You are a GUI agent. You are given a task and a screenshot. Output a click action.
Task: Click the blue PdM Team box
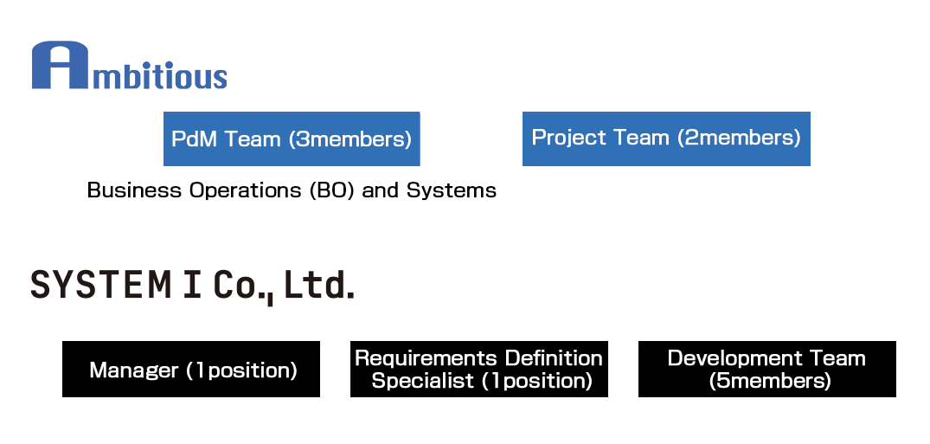pos(292,138)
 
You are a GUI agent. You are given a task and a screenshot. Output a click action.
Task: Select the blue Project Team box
pos(666,138)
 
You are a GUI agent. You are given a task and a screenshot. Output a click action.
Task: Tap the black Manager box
pos(191,370)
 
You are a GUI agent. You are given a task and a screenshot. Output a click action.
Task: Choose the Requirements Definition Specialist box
pos(478,370)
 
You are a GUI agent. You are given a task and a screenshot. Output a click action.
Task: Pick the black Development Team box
pos(766,370)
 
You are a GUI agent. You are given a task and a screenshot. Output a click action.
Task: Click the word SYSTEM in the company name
pos(101,285)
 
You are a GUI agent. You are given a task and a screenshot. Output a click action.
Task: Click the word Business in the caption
pos(123,190)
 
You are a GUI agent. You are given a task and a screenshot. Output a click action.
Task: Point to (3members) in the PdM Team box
pos(350,139)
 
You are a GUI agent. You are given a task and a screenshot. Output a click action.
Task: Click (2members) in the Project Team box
pos(739,138)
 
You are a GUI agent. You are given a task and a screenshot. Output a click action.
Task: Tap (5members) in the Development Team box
pos(769,381)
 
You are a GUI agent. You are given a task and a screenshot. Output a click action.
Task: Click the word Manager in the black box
pos(133,370)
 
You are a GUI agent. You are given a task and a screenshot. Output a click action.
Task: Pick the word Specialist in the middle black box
pos(423,381)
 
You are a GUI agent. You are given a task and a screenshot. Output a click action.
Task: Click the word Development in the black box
pos(724,358)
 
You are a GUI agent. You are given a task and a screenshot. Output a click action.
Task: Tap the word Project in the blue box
pos(563,138)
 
